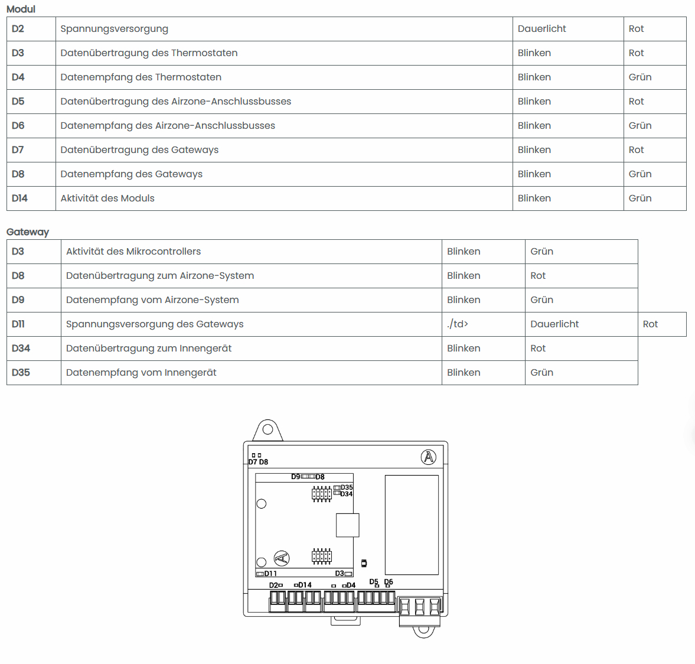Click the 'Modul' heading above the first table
(x=21, y=9)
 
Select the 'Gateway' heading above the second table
(x=28, y=232)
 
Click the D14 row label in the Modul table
(x=19, y=198)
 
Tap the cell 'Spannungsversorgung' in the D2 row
(x=114, y=29)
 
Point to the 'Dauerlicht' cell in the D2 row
(x=541, y=29)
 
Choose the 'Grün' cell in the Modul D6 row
(x=639, y=126)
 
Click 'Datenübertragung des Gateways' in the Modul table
(x=139, y=150)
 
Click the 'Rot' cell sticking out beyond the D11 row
(x=650, y=324)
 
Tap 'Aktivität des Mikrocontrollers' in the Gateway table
(x=133, y=252)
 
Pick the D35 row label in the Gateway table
(x=21, y=373)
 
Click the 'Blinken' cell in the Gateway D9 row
(x=464, y=300)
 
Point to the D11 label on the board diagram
(x=270, y=574)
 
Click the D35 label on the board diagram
(x=347, y=487)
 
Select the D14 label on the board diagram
(x=305, y=585)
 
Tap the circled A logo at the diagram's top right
(x=429, y=457)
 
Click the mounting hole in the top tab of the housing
(x=267, y=429)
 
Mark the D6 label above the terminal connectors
(x=388, y=582)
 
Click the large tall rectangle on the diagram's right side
(x=412, y=525)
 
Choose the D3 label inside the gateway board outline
(x=339, y=574)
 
